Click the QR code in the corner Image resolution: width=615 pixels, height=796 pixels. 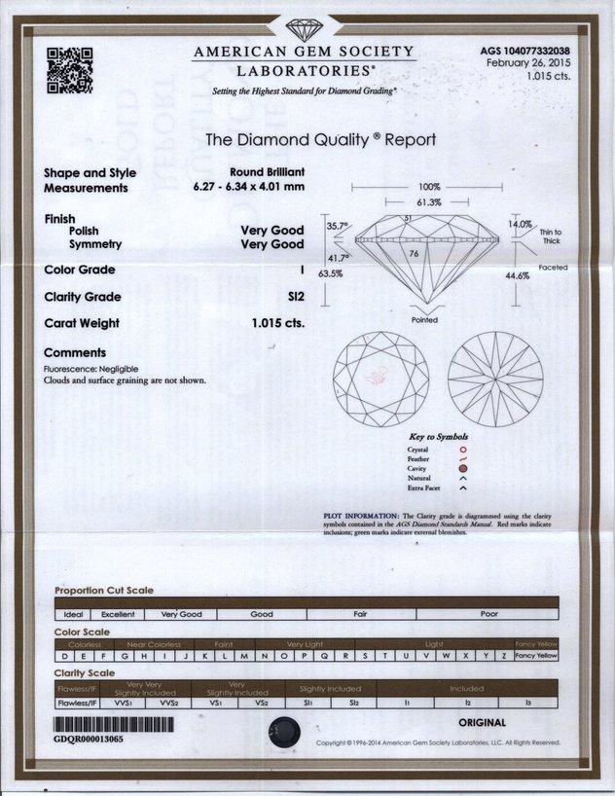coord(69,69)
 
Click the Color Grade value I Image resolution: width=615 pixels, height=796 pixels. coord(302,270)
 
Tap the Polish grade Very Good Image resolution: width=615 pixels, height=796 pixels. coord(272,231)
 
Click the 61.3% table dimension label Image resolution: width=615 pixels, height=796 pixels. coord(429,202)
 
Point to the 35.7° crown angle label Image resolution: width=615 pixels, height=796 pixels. coord(337,226)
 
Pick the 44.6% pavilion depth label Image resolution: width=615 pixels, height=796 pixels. coord(518,275)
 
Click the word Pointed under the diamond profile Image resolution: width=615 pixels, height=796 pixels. coord(424,320)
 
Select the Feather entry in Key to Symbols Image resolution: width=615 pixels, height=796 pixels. coord(418,458)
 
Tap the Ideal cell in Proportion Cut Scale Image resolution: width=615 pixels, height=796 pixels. coord(73,615)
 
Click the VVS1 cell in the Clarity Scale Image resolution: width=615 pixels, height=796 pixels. coord(124,702)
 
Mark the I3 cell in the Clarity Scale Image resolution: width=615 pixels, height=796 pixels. coord(528,702)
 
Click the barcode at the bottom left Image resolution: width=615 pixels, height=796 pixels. coord(114,725)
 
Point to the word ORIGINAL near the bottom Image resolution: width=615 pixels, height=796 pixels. coord(482,723)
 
